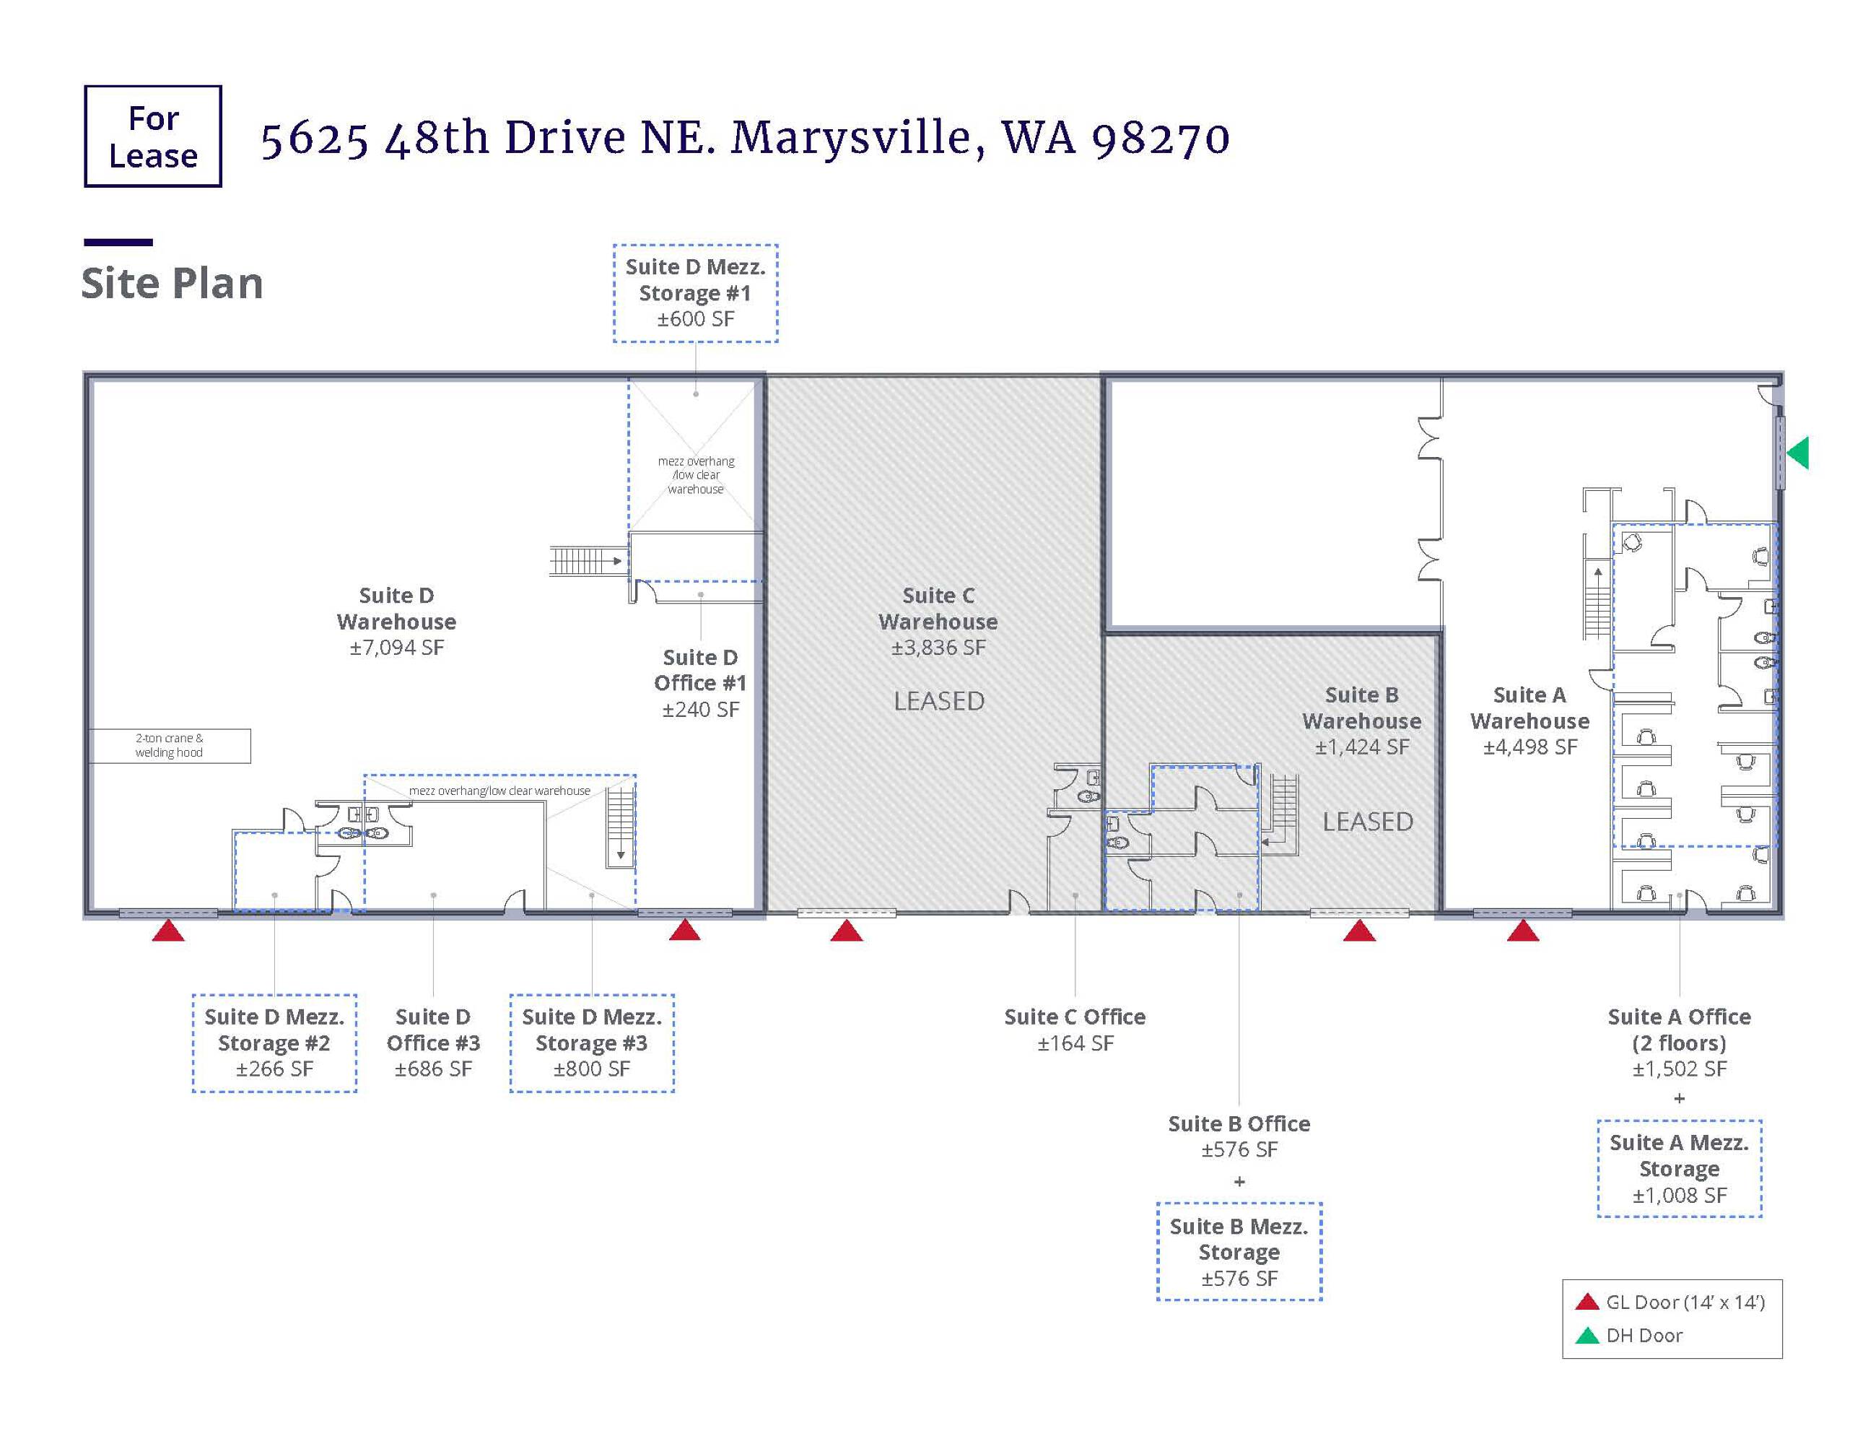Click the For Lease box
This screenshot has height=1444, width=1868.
point(153,136)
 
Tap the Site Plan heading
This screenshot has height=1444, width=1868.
point(172,283)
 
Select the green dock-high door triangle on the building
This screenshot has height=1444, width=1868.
point(1798,453)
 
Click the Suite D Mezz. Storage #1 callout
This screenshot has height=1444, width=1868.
point(695,293)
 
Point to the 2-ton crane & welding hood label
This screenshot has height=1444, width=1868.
point(170,745)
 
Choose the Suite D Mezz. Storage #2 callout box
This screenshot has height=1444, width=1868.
point(274,1043)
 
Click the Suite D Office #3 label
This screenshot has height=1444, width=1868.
point(433,1043)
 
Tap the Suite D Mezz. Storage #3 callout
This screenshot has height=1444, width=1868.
point(592,1043)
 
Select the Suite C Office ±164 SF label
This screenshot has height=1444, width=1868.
point(1075,1030)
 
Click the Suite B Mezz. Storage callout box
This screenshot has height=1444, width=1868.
point(1239,1251)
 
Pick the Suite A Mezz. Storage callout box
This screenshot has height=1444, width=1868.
point(1680,1168)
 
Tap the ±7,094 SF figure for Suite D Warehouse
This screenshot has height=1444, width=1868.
point(397,648)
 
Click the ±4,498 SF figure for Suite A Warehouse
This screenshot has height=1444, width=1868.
point(1530,747)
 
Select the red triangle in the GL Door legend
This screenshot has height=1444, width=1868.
point(1587,1302)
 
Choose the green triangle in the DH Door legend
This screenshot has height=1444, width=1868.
point(1587,1336)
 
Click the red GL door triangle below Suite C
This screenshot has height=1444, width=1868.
point(847,931)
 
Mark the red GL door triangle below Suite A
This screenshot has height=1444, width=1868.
point(1522,931)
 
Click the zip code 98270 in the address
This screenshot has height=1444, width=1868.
point(1161,139)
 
